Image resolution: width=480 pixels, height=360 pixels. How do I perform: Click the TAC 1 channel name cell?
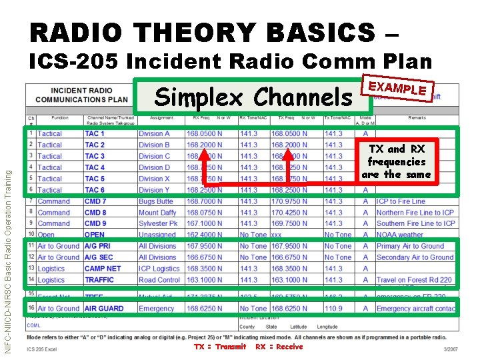point(95,133)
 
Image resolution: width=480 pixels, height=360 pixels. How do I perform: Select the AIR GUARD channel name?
point(104,309)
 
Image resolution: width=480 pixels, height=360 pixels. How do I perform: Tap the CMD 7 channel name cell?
point(95,201)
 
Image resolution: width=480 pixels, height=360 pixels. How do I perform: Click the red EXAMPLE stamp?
point(397,87)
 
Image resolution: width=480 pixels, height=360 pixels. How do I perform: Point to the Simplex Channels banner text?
point(253,97)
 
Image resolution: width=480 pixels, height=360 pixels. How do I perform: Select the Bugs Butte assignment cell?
point(156,201)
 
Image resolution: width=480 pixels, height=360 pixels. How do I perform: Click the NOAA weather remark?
point(400,235)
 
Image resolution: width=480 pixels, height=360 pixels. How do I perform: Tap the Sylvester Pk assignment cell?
point(159,223)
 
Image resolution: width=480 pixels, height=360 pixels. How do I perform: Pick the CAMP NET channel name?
point(103,269)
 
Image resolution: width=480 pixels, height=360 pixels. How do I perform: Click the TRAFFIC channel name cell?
point(99,280)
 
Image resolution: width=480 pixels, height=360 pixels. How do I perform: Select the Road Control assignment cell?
point(159,280)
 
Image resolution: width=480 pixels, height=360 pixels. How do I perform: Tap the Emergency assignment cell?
point(156,309)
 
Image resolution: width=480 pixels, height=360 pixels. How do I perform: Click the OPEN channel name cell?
point(95,235)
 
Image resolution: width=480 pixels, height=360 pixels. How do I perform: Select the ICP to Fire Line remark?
point(401,201)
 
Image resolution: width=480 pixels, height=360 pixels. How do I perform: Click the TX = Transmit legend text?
point(220,347)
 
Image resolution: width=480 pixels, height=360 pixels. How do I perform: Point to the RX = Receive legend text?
point(279,347)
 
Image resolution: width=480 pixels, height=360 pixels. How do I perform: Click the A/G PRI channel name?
point(99,246)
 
